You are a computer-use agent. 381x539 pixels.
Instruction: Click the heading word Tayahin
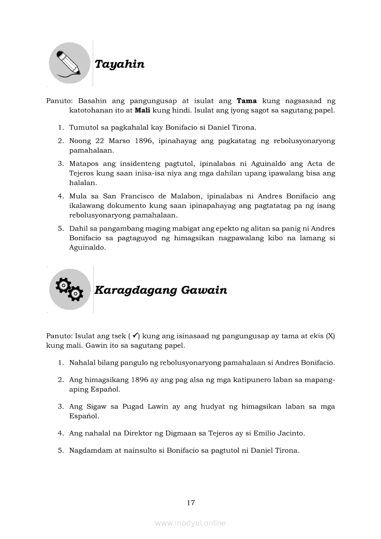(119, 64)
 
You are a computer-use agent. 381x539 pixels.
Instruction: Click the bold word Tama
(246, 101)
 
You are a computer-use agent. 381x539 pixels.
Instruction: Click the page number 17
(191, 503)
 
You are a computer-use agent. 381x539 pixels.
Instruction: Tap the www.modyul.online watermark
(190, 523)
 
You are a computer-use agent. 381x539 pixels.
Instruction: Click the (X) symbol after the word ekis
(330, 336)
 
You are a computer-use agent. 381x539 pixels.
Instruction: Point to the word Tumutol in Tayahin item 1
(83, 127)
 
